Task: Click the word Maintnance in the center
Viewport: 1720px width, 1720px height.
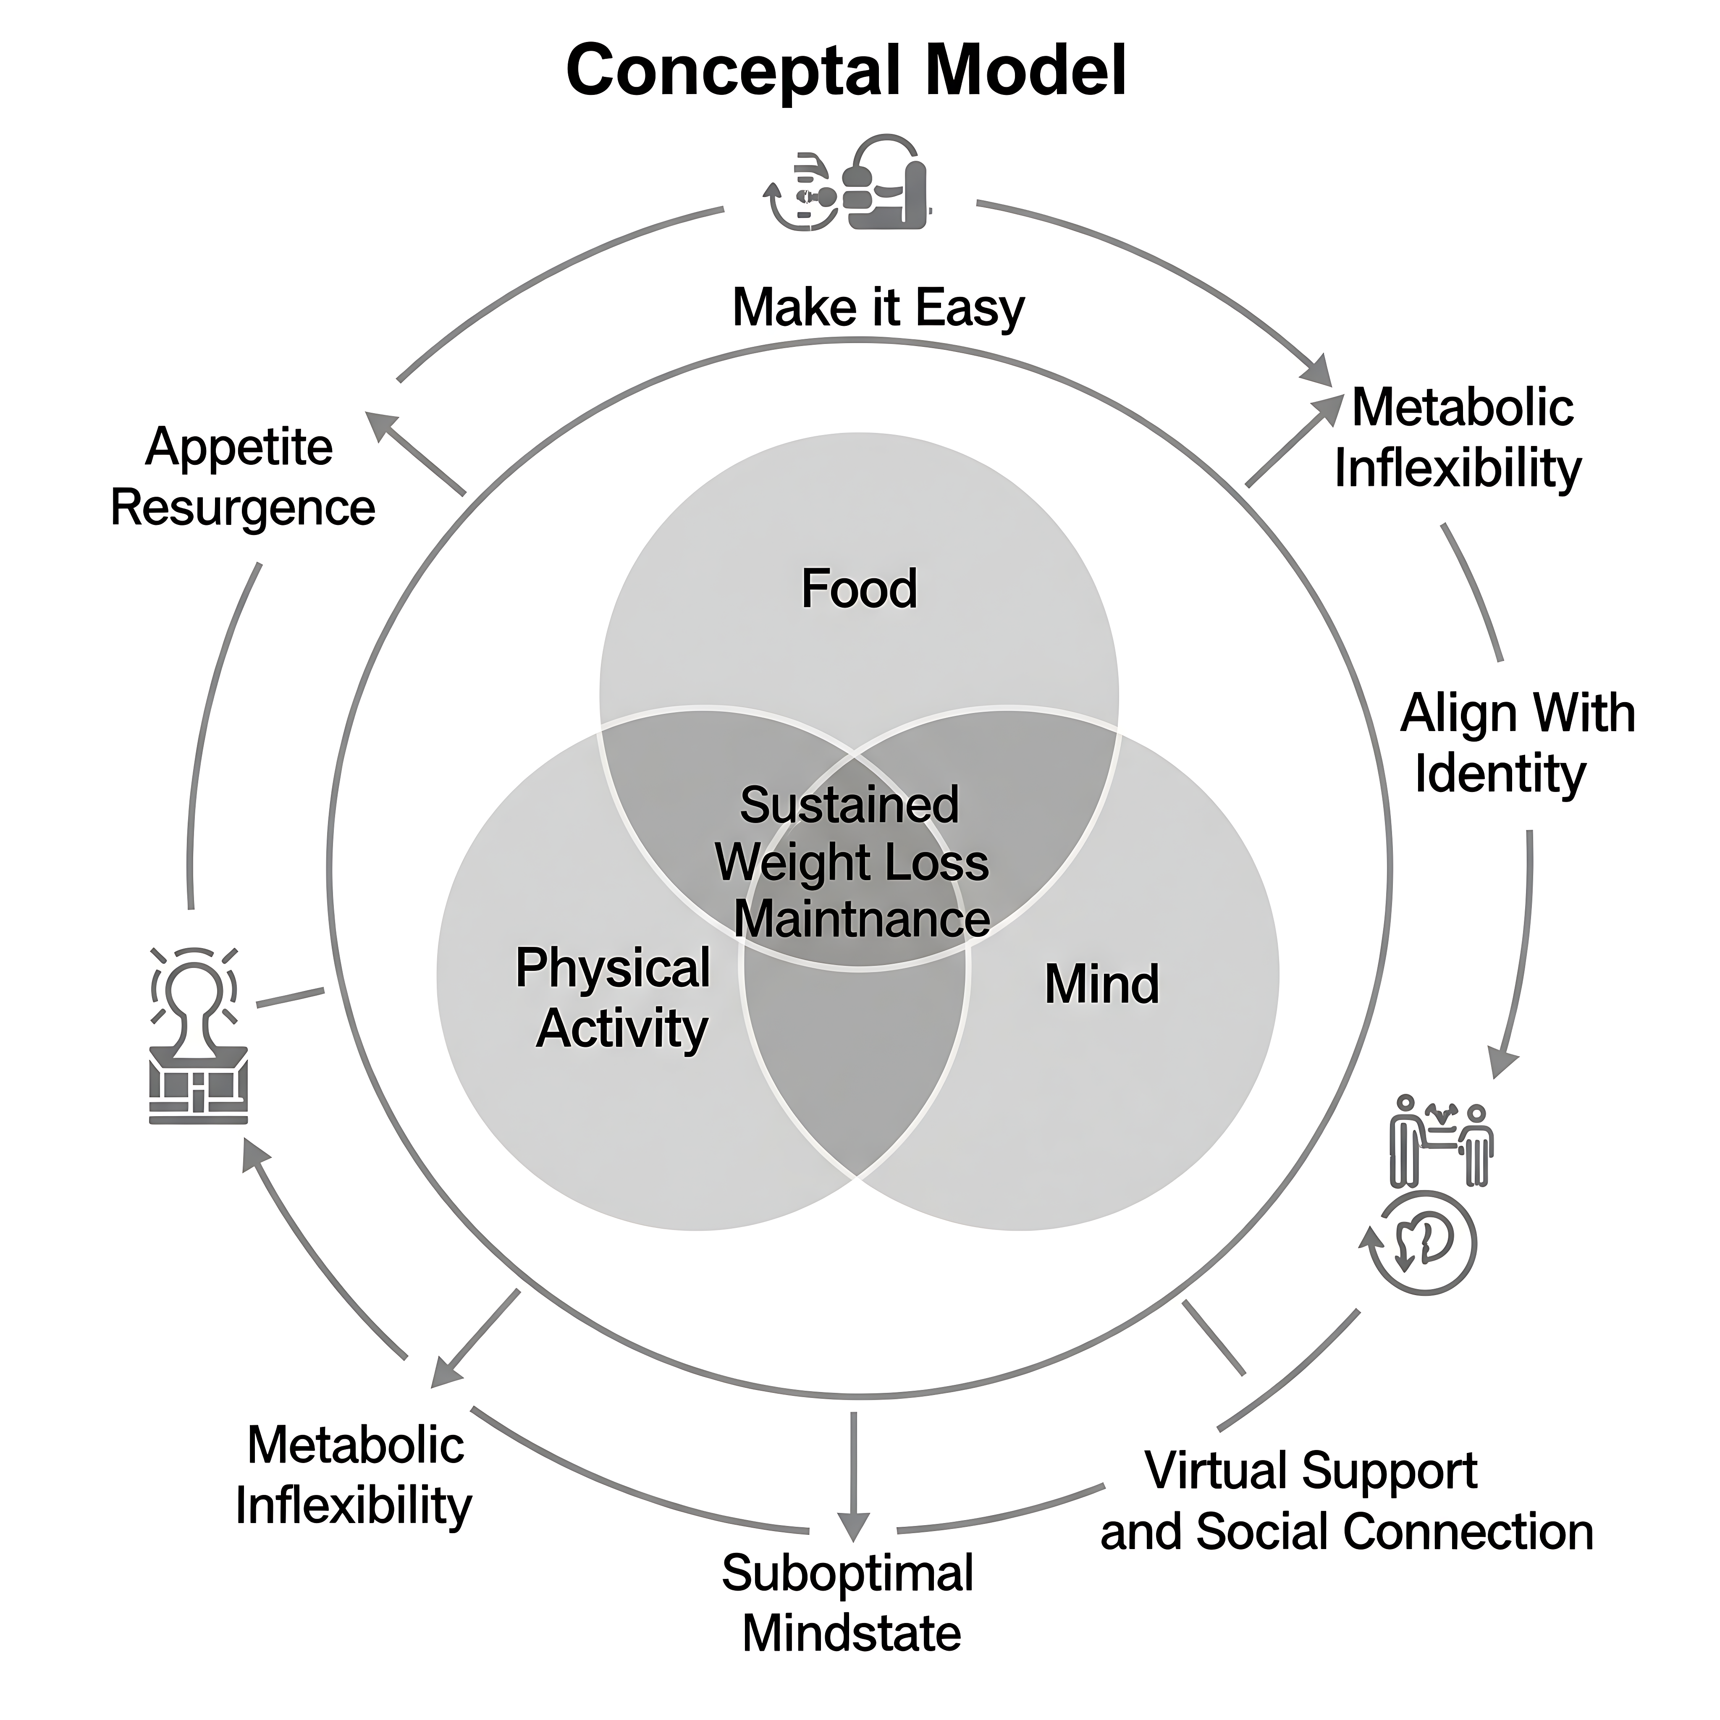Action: pos(862,919)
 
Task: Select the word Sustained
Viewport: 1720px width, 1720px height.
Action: pos(850,805)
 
